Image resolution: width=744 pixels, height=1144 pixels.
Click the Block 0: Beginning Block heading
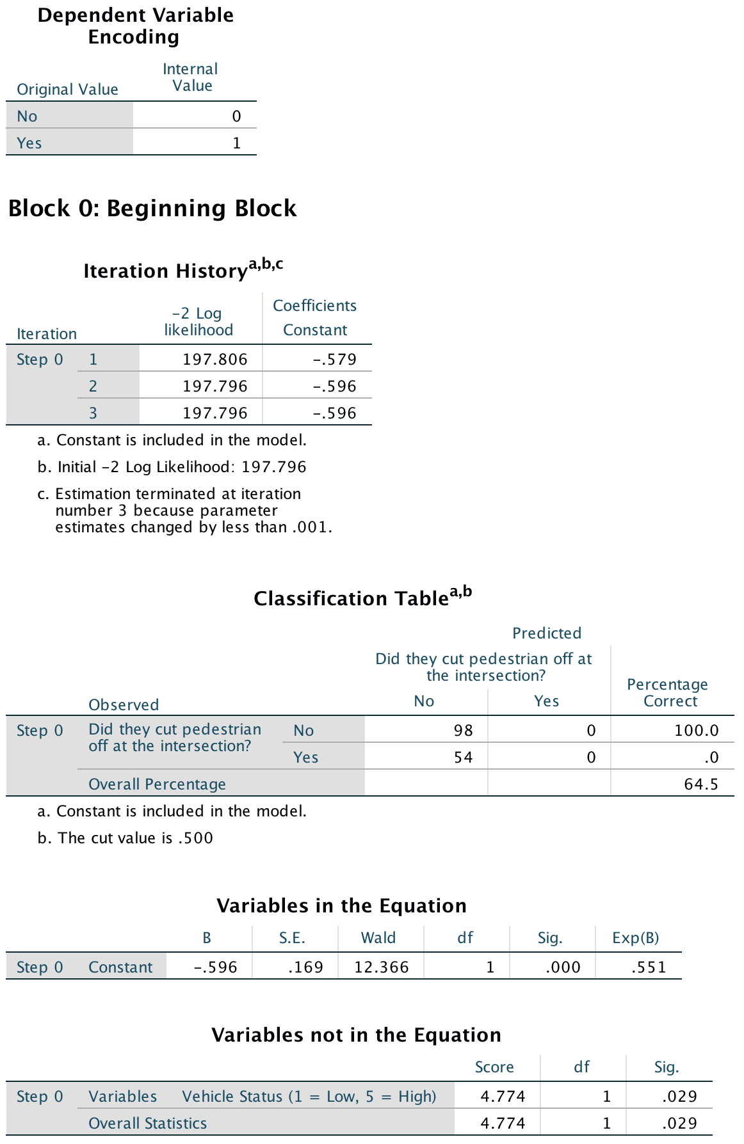click(152, 209)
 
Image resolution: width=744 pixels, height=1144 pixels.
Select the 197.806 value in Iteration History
click(214, 360)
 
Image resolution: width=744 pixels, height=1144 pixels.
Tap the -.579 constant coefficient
click(334, 360)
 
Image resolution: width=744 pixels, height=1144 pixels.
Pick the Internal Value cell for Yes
click(236, 143)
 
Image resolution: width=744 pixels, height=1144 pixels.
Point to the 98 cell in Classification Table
click(463, 731)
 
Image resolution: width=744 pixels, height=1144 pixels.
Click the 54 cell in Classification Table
click(463, 758)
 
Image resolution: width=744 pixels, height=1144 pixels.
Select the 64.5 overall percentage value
click(700, 784)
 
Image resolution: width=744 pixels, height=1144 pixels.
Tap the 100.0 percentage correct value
click(696, 731)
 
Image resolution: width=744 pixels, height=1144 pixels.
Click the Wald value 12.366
click(381, 967)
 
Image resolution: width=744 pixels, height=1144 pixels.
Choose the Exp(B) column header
click(635, 938)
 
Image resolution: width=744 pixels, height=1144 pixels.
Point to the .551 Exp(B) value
click(649, 967)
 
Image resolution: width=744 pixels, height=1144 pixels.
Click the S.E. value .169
click(305, 967)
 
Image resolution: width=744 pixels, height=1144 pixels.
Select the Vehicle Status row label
click(309, 1097)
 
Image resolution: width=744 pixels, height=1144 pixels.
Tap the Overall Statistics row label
click(147, 1124)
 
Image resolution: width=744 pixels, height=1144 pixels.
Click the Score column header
click(494, 1067)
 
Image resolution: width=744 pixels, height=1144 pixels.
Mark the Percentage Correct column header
click(667, 693)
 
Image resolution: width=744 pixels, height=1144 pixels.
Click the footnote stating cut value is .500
click(125, 838)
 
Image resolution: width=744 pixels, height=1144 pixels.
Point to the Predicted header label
click(546, 633)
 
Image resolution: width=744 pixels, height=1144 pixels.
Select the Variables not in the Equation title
click(356, 1035)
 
